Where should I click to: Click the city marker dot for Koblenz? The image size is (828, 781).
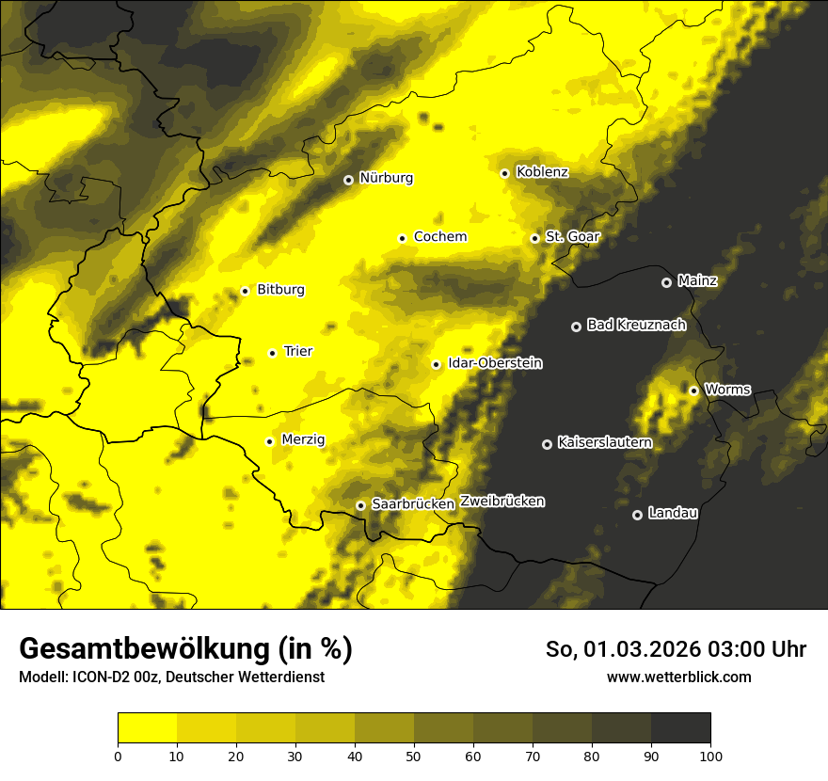point(505,173)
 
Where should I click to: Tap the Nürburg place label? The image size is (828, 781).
point(386,178)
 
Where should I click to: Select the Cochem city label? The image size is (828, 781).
point(439,237)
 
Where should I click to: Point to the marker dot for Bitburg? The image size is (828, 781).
point(245,291)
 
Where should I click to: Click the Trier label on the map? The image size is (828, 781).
point(297,352)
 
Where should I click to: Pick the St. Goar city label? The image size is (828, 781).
point(572,237)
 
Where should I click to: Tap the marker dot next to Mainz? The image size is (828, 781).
point(667,282)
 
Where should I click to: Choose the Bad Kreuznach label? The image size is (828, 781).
point(636,326)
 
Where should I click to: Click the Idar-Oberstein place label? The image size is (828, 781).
point(495,363)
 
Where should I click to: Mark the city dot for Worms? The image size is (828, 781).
point(694,390)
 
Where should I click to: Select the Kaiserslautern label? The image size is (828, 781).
point(604,442)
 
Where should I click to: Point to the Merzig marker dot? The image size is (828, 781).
point(270,441)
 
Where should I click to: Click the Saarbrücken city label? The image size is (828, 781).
point(413,504)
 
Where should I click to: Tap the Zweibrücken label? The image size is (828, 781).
point(502,502)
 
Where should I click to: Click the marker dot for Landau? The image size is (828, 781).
point(637,515)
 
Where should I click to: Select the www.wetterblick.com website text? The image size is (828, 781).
point(678,677)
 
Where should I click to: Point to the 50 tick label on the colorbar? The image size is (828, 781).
point(414,756)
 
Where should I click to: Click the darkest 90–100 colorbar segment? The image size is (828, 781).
point(680,727)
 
